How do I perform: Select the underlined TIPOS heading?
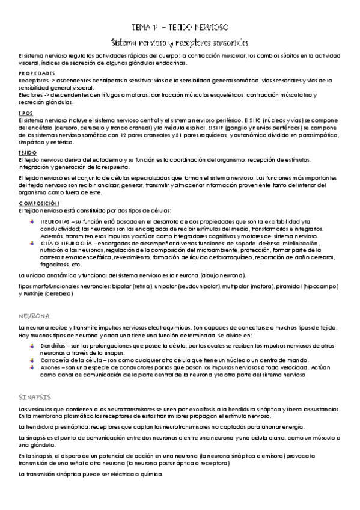25,112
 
